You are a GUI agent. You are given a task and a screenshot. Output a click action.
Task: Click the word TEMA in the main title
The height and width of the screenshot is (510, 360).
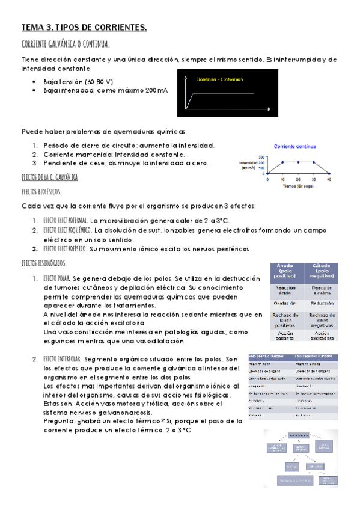pyautogui.click(x=30, y=28)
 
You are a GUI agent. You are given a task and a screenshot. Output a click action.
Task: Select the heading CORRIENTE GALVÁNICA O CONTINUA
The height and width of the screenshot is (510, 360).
pyautogui.click(x=65, y=45)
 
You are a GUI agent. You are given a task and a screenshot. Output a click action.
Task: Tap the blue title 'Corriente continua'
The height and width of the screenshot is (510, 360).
pyautogui.click(x=296, y=146)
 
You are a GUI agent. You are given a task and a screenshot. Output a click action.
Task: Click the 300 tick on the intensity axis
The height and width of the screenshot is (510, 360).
pyautogui.click(x=262, y=158)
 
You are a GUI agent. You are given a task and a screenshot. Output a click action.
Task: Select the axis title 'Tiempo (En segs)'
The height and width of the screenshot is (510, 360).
pyautogui.click(x=297, y=186)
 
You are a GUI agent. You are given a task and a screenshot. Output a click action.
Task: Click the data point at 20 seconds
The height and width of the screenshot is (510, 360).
pyautogui.click(x=298, y=162)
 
